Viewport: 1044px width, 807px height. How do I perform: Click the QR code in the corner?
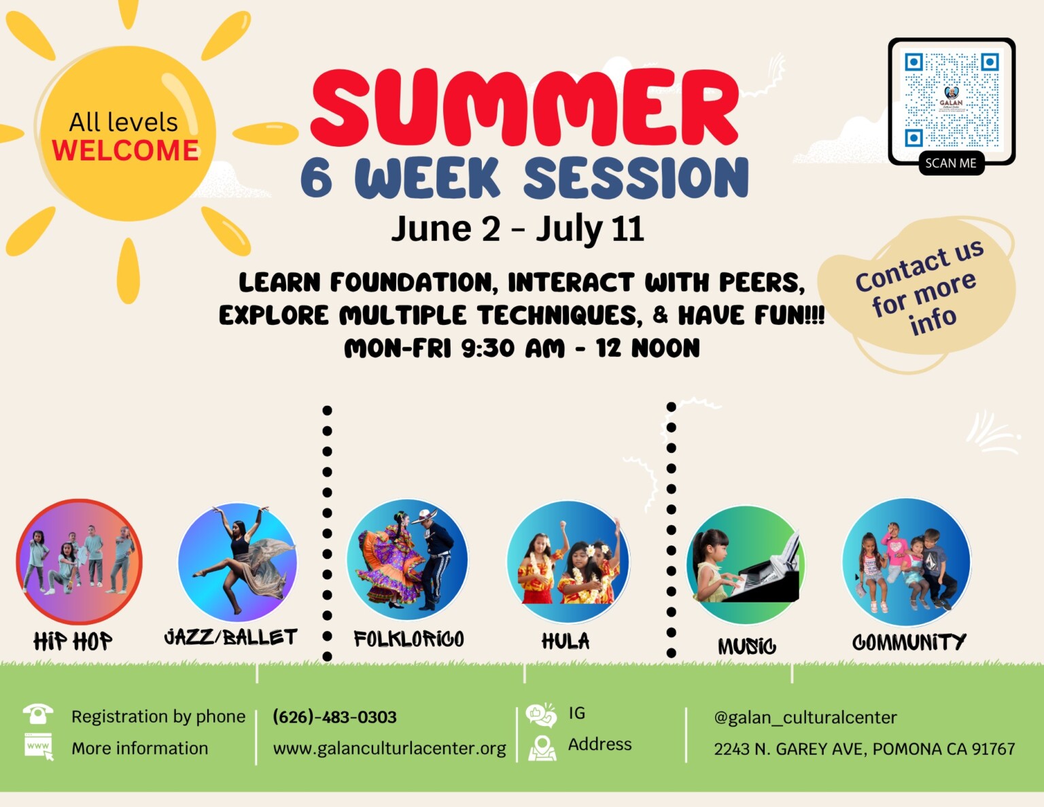click(952, 101)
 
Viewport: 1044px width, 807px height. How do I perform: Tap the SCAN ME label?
click(951, 163)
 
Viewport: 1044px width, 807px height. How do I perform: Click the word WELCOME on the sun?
click(125, 150)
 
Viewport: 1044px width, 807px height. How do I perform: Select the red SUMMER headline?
click(525, 107)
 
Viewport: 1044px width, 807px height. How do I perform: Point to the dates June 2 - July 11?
click(517, 228)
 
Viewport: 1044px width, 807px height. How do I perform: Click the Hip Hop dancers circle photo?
click(80, 562)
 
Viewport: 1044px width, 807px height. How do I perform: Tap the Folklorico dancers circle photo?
click(407, 560)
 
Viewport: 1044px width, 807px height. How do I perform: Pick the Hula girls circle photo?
click(568, 562)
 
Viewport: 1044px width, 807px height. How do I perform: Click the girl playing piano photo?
click(746, 565)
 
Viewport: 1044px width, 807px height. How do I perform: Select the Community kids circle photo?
click(906, 562)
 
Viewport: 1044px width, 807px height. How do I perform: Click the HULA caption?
click(565, 641)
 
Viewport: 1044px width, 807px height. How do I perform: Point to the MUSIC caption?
click(746, 646)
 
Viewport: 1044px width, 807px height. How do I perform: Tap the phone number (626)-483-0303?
click(334, 717)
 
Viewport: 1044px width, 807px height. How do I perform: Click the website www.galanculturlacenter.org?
click(389, 749)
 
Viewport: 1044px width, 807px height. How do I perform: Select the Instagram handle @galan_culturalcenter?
click(805, 718)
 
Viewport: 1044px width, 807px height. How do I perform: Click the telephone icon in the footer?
click(38, 714)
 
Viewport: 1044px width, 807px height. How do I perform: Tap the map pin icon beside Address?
click(542, 749)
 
